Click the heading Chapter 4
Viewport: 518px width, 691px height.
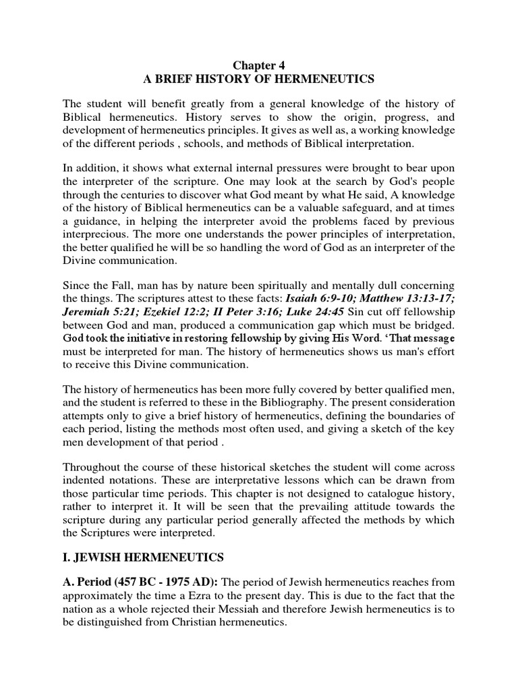(x=259, y=65)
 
